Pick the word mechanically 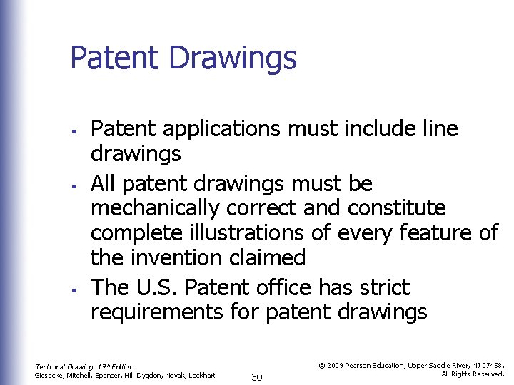click(x=156, y=209)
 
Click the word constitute click(x=397, y=209)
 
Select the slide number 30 click(x=257, y=376)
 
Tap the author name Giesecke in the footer click(x=50, y=375)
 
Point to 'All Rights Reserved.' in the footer click(x=473, y=374)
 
